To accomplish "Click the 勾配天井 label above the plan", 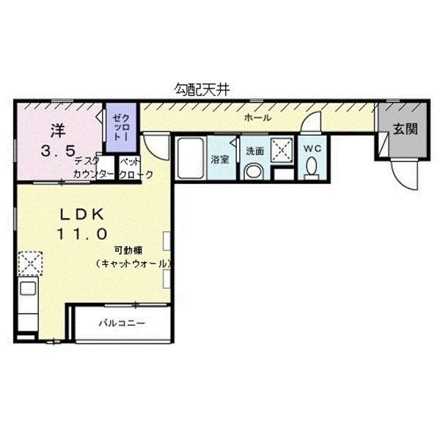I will click(x=202, y=88).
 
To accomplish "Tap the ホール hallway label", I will click(x=257, y=118).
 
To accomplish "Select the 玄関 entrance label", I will click(x=404, y=129).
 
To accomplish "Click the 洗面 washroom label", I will click(x=254, y=151).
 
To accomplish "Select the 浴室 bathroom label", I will click(x=220, y=159).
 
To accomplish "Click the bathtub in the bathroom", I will click(x=190, y=157).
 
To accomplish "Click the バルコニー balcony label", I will click(x=122, y=323).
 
